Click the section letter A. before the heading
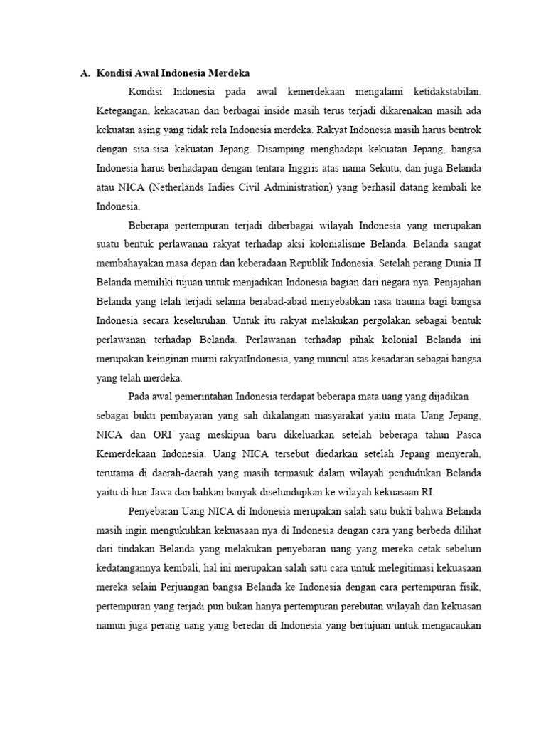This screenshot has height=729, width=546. click(84, 73)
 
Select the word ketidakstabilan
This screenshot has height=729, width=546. click(444, 92)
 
